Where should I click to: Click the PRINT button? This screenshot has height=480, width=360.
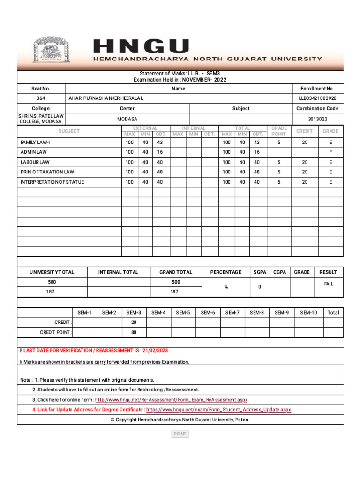tap(180, 434)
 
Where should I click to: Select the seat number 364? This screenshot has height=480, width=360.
tap(41, 98)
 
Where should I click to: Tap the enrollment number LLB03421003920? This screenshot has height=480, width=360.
tap(317, 98)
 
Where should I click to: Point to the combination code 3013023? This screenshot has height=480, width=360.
tap(317, 119)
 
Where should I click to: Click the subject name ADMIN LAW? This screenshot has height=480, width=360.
tap(33, 152)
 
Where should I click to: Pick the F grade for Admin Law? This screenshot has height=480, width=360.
tap(330, 152)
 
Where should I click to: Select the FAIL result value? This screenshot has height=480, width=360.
tap(329, 284)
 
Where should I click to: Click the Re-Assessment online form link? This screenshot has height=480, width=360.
tap(171, 400)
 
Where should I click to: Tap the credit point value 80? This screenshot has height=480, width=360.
tap(134, 332)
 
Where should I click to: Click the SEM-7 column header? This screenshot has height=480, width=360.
tap(232, 312)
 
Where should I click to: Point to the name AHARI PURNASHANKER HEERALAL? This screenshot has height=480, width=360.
tap(106, 98)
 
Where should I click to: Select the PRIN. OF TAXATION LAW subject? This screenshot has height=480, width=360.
tap(47, 172)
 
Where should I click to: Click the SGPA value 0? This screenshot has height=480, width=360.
tap(260, 287)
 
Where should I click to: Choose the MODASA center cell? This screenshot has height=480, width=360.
tap(127, 119)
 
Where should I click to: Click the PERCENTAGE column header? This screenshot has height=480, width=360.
tap(225, 272)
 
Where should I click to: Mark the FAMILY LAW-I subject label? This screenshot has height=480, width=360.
tap(35, 142)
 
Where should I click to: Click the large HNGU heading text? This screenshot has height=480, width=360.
tap(142, 47)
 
